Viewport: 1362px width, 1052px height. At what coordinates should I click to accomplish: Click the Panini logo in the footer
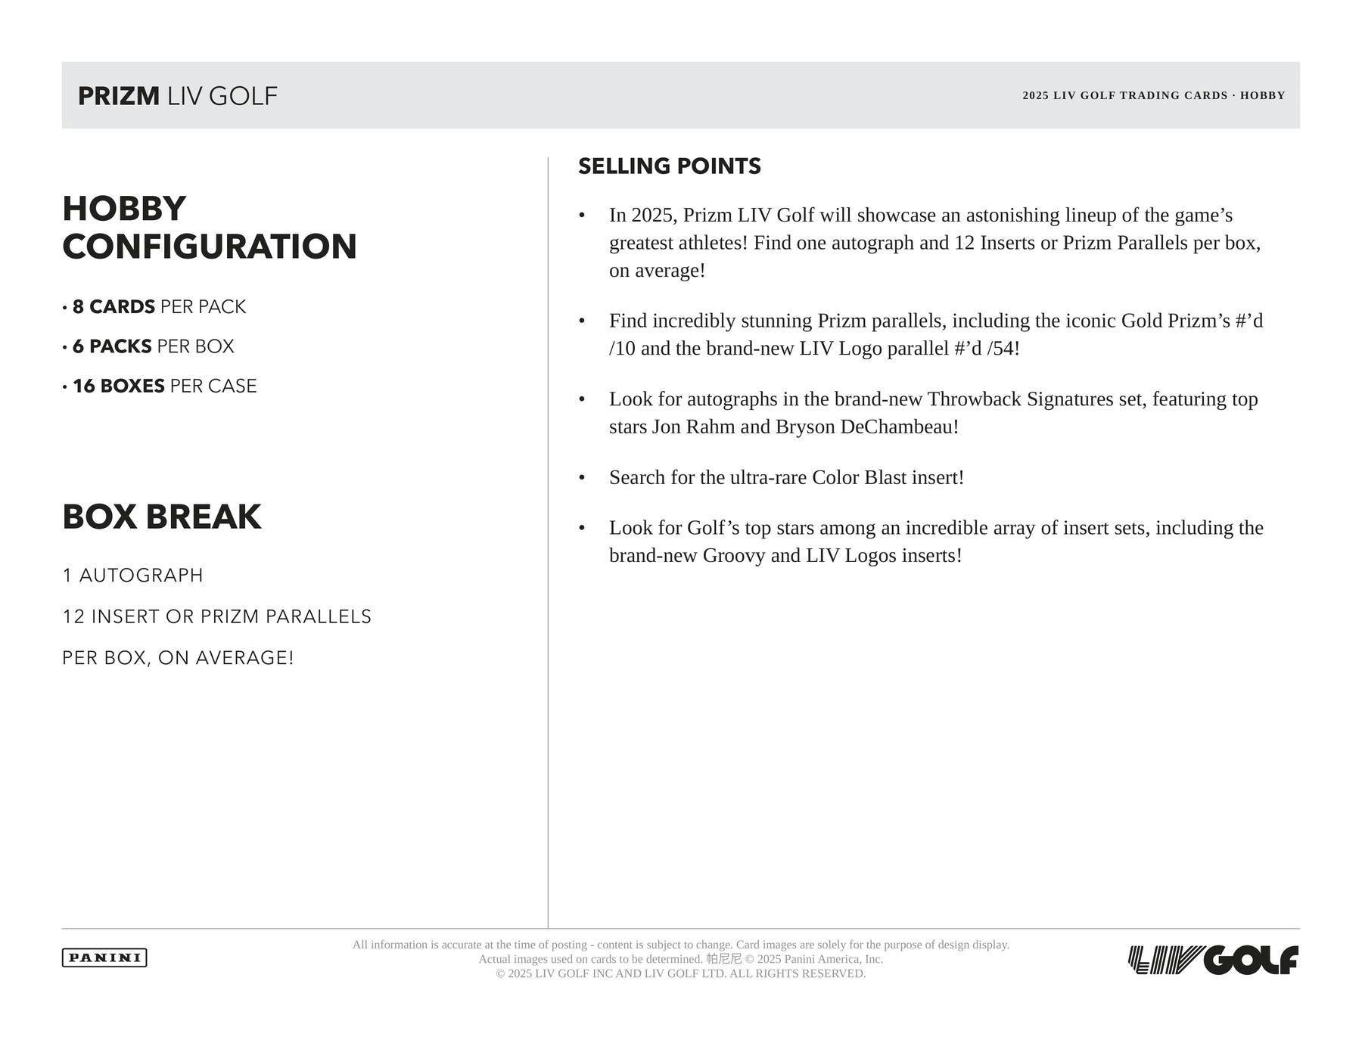(104, 957)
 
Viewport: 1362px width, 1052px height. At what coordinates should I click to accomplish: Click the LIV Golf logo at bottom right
(1213, 960)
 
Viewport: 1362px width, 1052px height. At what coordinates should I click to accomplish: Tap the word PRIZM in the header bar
(119, 96)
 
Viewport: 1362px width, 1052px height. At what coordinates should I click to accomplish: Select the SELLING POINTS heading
(669, 166)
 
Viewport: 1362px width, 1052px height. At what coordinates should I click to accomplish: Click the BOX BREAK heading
(161, 517)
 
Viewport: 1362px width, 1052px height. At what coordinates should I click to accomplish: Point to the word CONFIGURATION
(209, 247)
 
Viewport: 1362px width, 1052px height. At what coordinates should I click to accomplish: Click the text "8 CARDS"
(113, 307)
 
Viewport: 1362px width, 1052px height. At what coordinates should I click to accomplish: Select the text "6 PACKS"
(112, 346)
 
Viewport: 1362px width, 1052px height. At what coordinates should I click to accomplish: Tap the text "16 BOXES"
(118, 386)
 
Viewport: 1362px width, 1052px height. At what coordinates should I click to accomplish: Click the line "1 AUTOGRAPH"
(132, 576)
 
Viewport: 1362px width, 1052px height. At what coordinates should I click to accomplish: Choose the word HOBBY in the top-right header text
(1262, 96)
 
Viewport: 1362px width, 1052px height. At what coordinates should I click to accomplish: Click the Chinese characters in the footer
(723, 959)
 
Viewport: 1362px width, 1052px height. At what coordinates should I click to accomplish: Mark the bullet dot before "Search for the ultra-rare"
(582, 478)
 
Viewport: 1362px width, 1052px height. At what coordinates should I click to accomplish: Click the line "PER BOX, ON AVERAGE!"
(178, 658)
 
